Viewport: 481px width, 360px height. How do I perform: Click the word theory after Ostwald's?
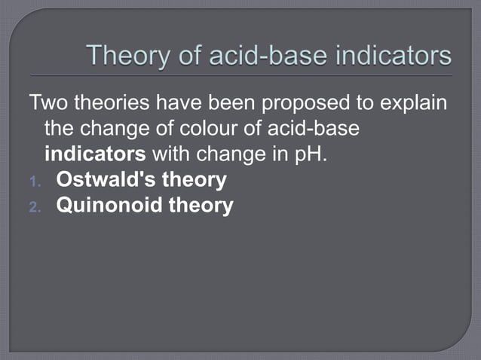click(195, 181)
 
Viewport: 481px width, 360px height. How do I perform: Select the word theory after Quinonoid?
click(201, 206)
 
